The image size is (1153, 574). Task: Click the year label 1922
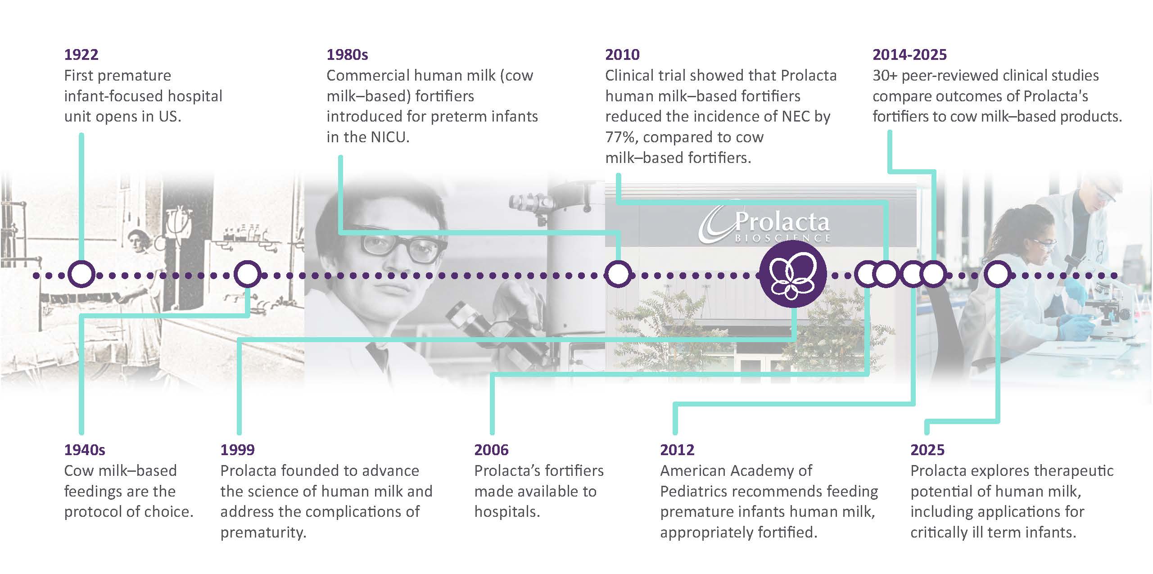81,54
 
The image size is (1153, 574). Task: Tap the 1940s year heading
85,450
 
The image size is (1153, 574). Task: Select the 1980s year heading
347,54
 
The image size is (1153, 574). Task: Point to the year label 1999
237,450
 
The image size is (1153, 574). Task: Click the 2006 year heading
491,450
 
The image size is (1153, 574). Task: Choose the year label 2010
622,54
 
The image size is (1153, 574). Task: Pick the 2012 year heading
677,450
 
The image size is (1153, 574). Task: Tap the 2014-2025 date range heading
909,54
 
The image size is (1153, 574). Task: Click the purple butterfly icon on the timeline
793,274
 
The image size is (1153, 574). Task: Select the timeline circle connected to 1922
81,274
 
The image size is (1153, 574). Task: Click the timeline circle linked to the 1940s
248,274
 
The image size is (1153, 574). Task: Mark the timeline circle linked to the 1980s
618,274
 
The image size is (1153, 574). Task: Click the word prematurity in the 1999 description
263,533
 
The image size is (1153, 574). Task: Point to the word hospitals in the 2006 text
507,512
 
